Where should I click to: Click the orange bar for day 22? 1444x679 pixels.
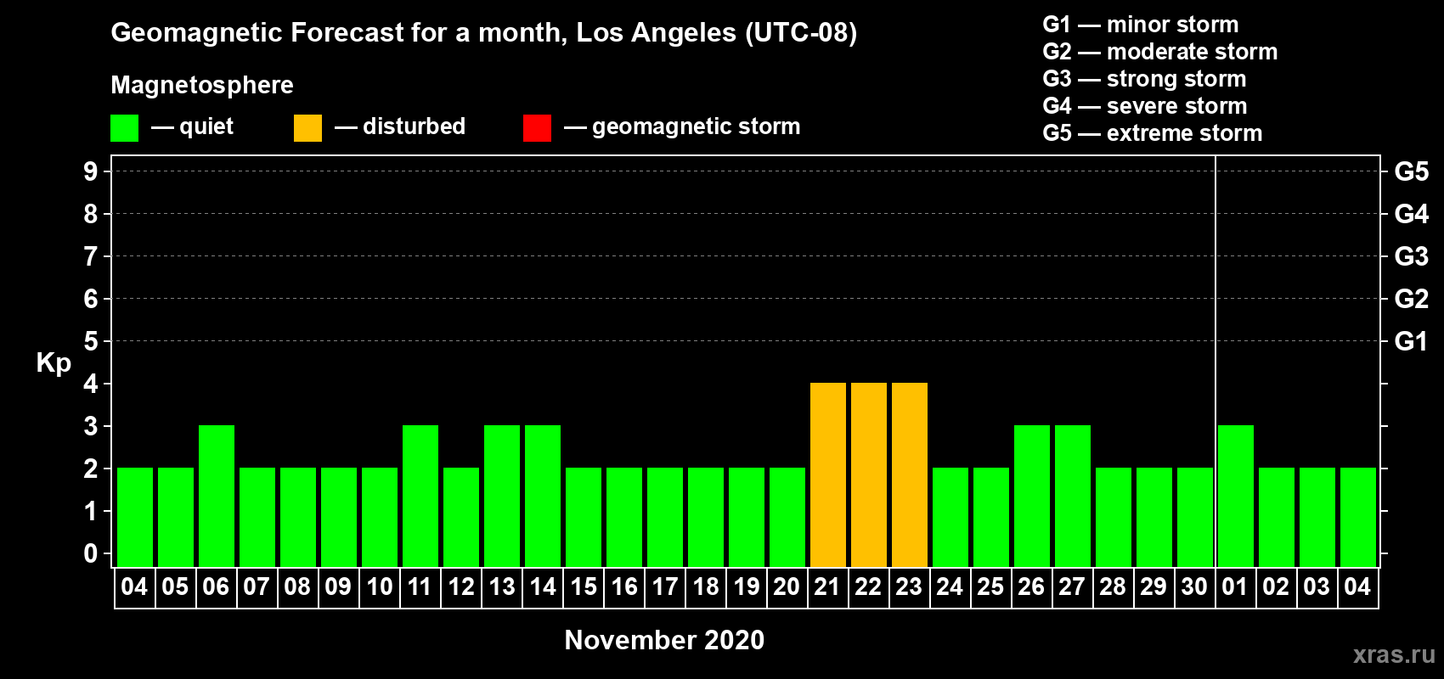[869, 474]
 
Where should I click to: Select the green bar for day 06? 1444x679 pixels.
[217, 496]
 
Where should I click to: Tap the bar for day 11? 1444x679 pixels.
[420, 496]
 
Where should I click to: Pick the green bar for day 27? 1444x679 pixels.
[1073, 496]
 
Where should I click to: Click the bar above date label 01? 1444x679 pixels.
[1236, 496]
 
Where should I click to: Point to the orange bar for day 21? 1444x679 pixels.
[828, 474]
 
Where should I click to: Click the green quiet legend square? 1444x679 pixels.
[124, 127]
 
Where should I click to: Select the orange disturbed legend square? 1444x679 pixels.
[307, 127]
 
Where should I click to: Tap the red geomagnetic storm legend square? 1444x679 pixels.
[537, 127]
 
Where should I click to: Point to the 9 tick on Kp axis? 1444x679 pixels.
[90, 171]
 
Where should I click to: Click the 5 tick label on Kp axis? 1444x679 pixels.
[90, 341]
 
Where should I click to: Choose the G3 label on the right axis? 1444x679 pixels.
[1412, 256]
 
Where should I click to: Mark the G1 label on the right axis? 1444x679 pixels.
[1412, 341]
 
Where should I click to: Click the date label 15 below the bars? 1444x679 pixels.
[584, 586]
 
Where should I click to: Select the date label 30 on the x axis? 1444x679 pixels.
[1194, 586]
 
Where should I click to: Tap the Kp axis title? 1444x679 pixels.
[54, 363]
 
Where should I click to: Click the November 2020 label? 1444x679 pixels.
[664, 640]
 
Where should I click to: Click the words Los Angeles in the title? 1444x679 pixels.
[657, 33]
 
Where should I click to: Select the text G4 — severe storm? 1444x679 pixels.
[1145, 105]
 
